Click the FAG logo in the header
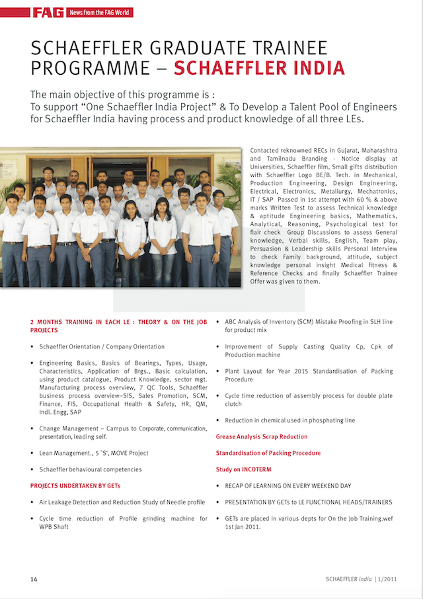[48, 12]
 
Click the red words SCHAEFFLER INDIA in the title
[259, 67]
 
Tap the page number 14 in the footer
[33, 580]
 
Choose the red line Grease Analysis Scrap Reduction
[261, 436]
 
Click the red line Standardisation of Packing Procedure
[268, 453]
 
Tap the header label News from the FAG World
[98, 12]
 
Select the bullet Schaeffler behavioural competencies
[90, 469]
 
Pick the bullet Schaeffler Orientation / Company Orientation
[102, 346]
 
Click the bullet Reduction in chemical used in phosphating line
[289, 420]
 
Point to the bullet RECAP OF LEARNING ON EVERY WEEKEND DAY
[288, 486]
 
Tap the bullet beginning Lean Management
[93, 453]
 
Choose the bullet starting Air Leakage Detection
[122, 502]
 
